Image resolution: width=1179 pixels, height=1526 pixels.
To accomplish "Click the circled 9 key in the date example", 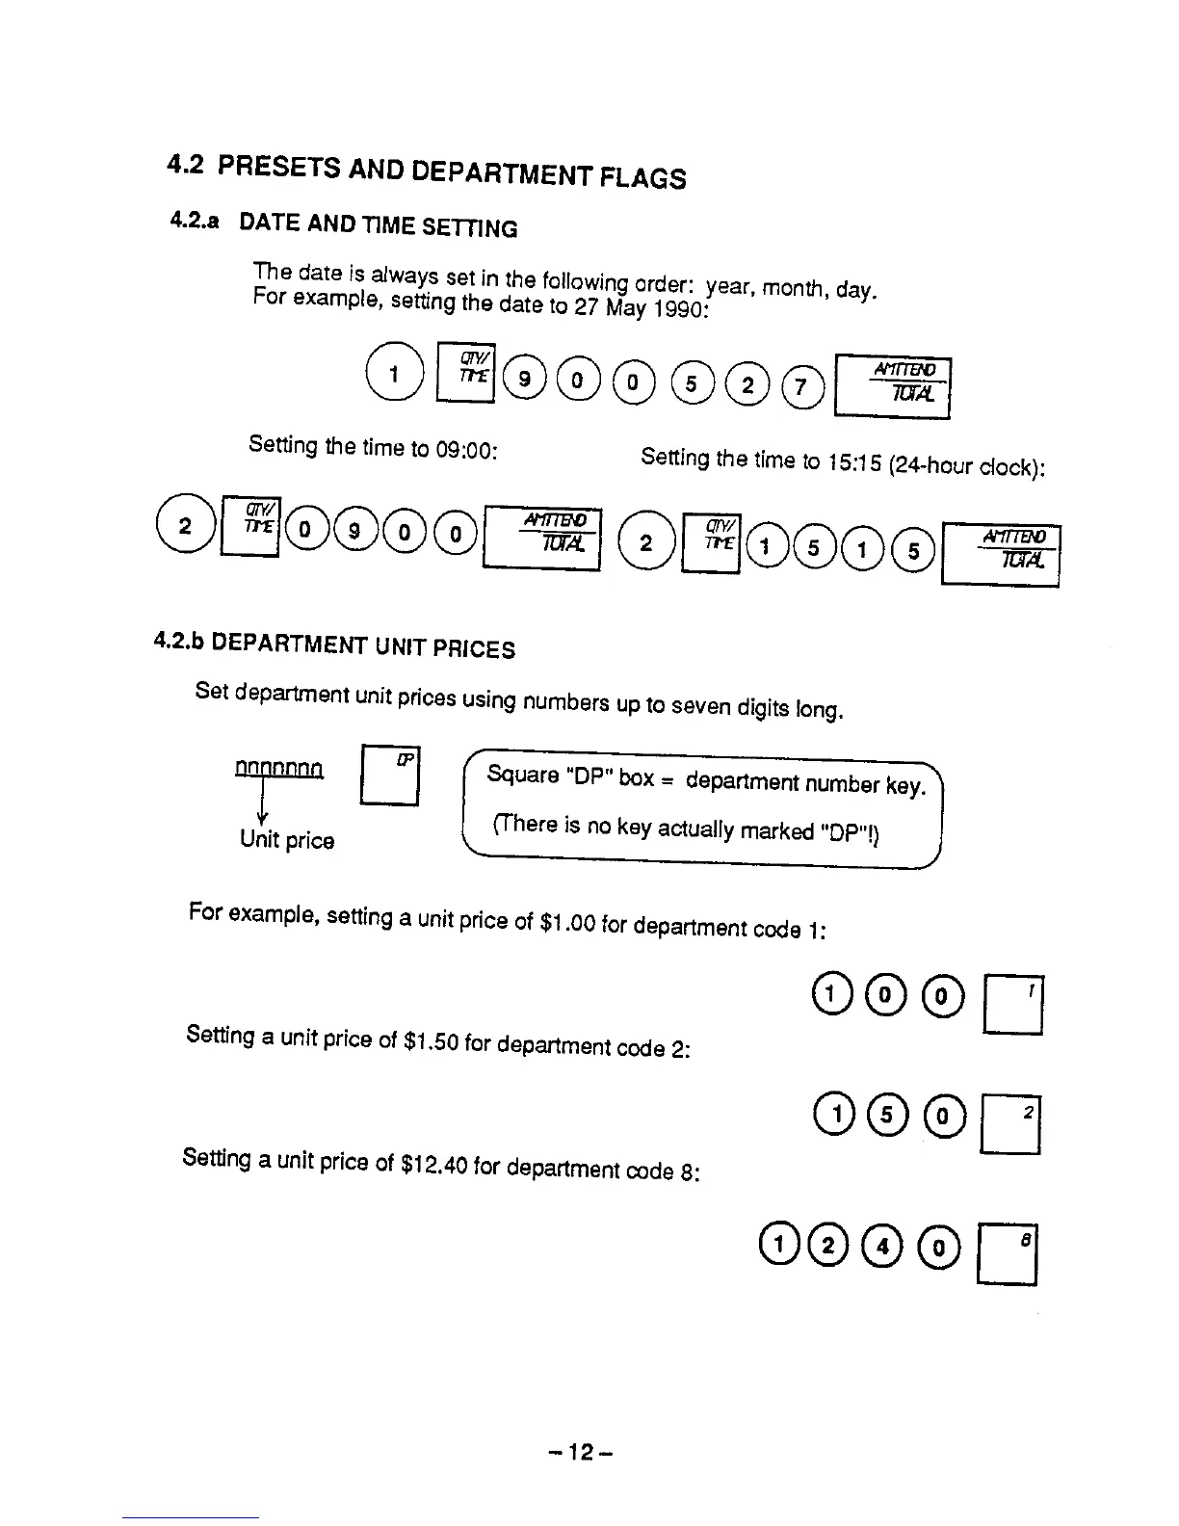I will (x=524, y=379).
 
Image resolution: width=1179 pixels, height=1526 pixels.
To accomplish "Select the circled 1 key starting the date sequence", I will (x=394, y=374).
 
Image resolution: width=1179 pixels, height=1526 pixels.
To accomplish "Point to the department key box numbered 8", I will (x=1008, y=1253).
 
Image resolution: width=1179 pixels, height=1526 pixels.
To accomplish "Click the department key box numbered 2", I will (x=1011, y=1125).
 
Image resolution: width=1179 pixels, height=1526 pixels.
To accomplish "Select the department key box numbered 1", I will (x=1013, y=1005).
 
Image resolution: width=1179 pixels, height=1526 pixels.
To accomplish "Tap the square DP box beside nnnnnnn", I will (x=390, y=776).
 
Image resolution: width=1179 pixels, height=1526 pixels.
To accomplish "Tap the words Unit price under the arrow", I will (x=287, y=840).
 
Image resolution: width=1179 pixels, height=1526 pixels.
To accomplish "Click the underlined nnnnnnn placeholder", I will (x=279, y=768).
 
